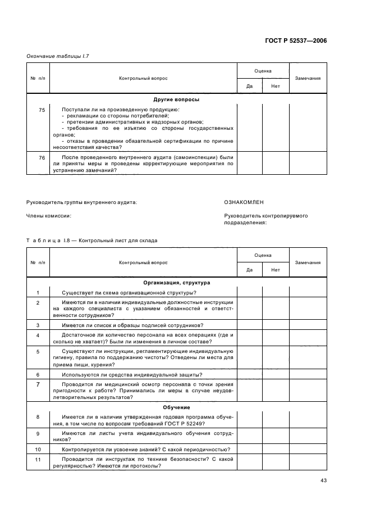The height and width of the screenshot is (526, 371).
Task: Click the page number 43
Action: (x=323, y=479)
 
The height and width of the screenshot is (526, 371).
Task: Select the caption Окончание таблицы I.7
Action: (x=58, y=57)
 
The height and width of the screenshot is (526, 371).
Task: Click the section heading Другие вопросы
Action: (x=176, y=99)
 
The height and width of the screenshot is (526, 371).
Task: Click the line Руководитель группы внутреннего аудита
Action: (x=81, y=201)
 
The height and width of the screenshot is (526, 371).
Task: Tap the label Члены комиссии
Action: (x=48, y=215)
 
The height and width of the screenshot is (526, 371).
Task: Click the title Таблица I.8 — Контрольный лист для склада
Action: (x=91, y=241)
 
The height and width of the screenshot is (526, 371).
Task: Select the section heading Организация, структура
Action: (x=176, y=283)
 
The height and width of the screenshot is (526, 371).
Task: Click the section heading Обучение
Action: (x=176, y=407)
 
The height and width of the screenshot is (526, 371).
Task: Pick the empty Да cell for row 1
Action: (x=249, y=292)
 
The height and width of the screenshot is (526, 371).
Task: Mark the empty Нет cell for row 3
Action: (x=276, y=325)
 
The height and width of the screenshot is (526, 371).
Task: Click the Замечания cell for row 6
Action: (x=308, y=374)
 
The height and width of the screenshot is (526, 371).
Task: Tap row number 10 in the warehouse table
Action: (x=38, y=450)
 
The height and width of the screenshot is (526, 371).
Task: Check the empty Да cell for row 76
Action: (x=249, y=164)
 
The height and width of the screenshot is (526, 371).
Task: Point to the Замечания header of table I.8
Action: (x=308, y=262)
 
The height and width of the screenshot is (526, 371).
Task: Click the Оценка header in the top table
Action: (x=263, y=71)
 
